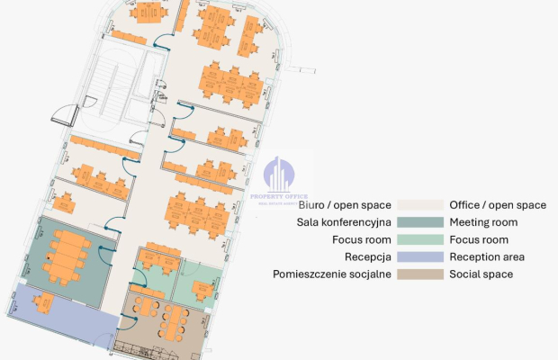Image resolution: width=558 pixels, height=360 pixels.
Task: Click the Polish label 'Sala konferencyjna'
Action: tap(344, 222)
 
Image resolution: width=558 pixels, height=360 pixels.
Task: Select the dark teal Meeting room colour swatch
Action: tap(419, 222)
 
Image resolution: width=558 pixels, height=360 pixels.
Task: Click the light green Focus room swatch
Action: tap(419, 239)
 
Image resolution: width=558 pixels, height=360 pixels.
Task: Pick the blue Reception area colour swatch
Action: tap(419, 256)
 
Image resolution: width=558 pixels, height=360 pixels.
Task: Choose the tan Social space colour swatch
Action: tap(419, 274)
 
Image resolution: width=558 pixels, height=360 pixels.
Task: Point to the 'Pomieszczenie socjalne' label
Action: tap(331, 274)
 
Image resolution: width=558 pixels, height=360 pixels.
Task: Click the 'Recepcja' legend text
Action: tap(366, 256)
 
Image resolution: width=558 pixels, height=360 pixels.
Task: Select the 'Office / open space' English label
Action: tap(498, 205)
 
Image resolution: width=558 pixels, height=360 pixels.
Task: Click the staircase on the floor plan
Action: tap(111, 85)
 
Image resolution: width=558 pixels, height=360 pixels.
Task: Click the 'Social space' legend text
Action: tap(481, 274)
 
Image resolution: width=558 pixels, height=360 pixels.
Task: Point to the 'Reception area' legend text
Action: tap(487, 256)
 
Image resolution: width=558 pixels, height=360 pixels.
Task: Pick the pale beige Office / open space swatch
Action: tap(419, 205)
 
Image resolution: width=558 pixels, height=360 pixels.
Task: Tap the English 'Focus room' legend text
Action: tap(479, 239)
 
